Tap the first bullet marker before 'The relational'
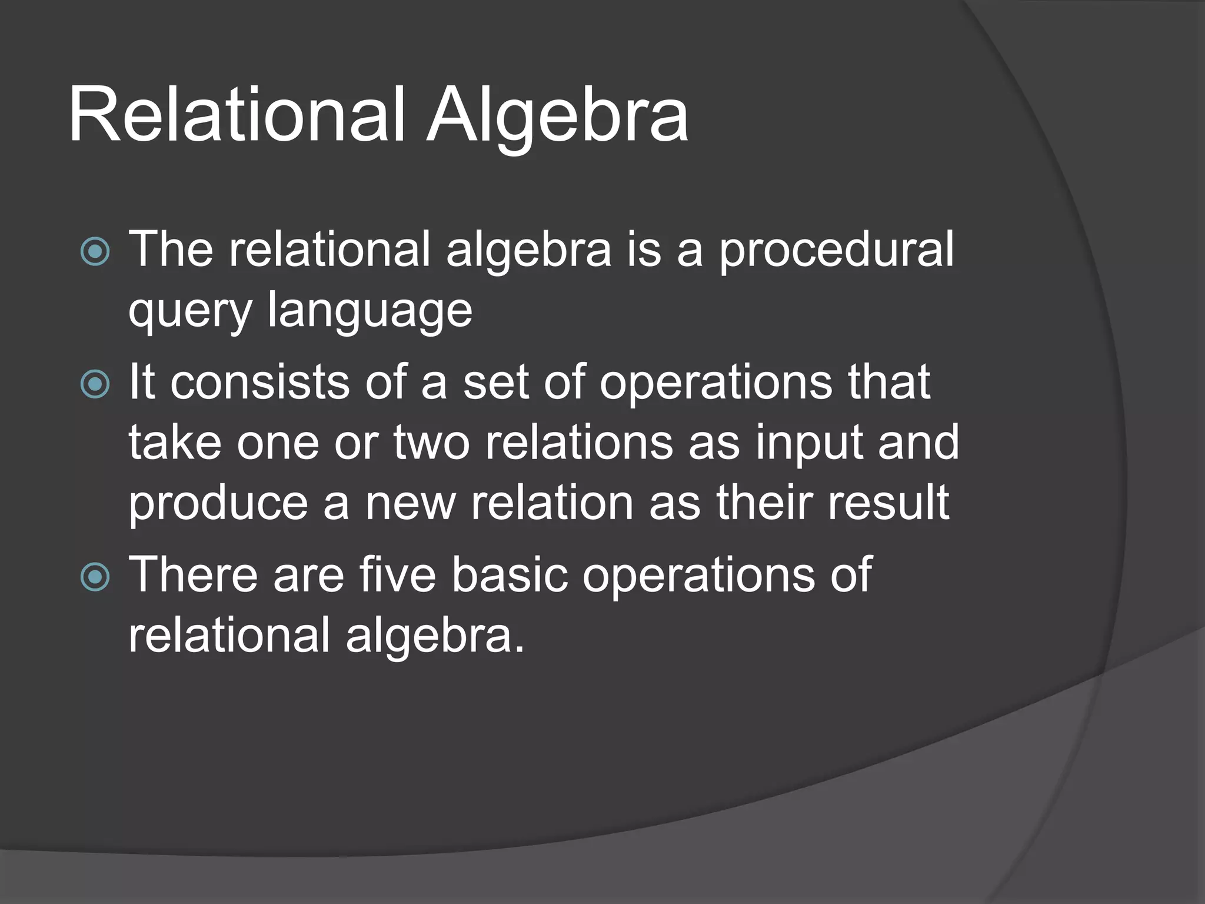pyautogui.click(x=95, y=252)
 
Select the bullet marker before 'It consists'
pyautogui.click(x=95, y=384)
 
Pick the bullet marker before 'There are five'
pyautogui.click(x=95, y=577)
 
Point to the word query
pyautogui.click(x=190, y=312)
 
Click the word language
pyautogui.click(x=370, y=312)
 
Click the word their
pyautogui.click(x=765, y=504)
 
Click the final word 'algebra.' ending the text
pyautogui.click(x=435, y=637)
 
